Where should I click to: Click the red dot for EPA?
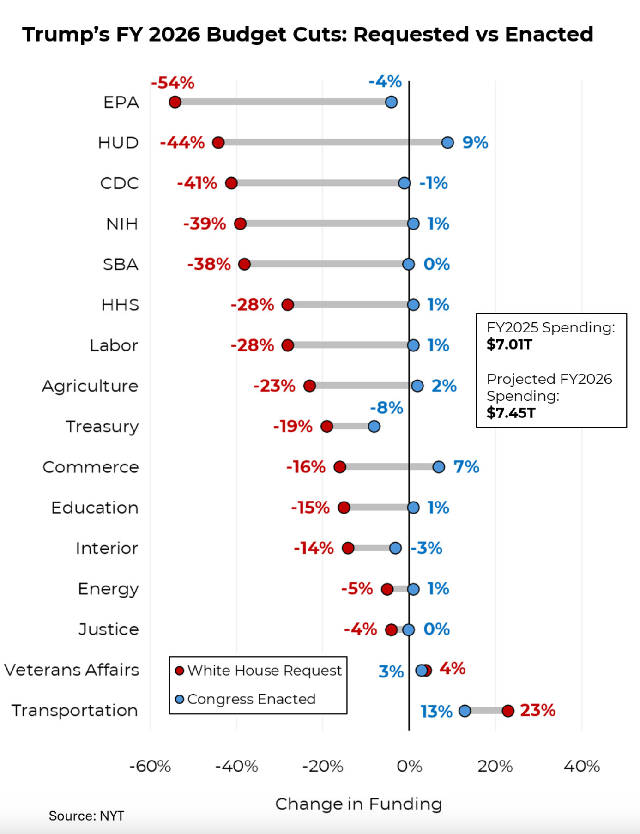pyautogui.click(x=175, y=102)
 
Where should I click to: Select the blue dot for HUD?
pyautogui.click(x=447, y=142)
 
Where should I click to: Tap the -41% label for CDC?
pyautogui.click(x=197, y=183)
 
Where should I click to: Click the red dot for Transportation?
pyautogui.click(x=508, y=711)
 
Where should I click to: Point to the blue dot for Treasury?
pyautogui.click(x=374, y=426)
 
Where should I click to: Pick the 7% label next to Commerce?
pyautogui.click(x=466, y=467)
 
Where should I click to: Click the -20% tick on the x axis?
pyautogui.click(x=323, y=767)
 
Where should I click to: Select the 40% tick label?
pyautogui.click(x=582, y=767)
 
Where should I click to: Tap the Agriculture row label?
pyautogui.click(x=91, y=386)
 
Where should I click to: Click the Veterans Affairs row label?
pyautogui.click(x=72, y=670)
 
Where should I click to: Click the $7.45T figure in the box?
pyautogui.click(x=511, y=413)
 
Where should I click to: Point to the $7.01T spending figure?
pyautogui.click(x=510, y=344)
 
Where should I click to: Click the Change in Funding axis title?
pyautogui.click(x=359, y=804)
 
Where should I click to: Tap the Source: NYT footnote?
pyautogui.click(x=86, y=816)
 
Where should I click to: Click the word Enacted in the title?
pyautogui.click(x=549, y=35)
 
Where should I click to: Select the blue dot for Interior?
pyautogui.click(x=395, y=548)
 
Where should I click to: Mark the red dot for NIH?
pyautogui.click(x=240, y=224)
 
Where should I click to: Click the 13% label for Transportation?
pyautogui.click(x=436, y=712)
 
